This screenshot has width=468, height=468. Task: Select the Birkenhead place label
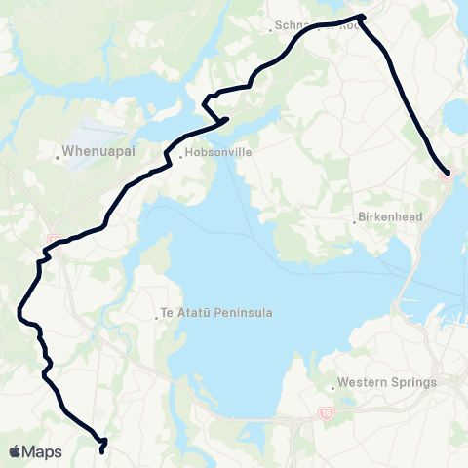pos(390,219)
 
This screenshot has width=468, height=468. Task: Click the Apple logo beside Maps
pos(16,451)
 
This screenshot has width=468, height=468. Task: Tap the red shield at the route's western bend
pos(54,240)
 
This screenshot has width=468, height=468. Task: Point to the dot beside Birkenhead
pos(355,220)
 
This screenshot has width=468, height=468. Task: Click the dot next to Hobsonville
pos(178,153)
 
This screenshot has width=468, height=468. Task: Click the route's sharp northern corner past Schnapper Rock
pos(362,16)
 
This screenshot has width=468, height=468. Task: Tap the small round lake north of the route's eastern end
pos(458,117)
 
